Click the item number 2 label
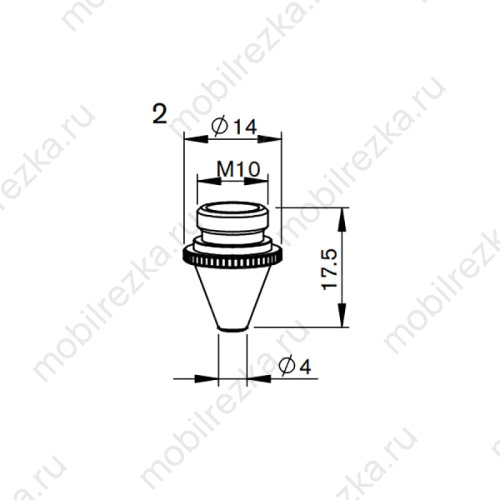point(159,114)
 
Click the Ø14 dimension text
point(234,127)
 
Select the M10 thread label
point(238,169)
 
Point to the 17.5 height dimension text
point(330,269)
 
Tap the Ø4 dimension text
point(295,366)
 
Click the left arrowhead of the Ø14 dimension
point(196,139)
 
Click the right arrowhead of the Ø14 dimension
point(270,139)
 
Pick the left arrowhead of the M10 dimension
point(209,181)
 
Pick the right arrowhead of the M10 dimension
point(256,181)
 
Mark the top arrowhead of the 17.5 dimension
point(342,219)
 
